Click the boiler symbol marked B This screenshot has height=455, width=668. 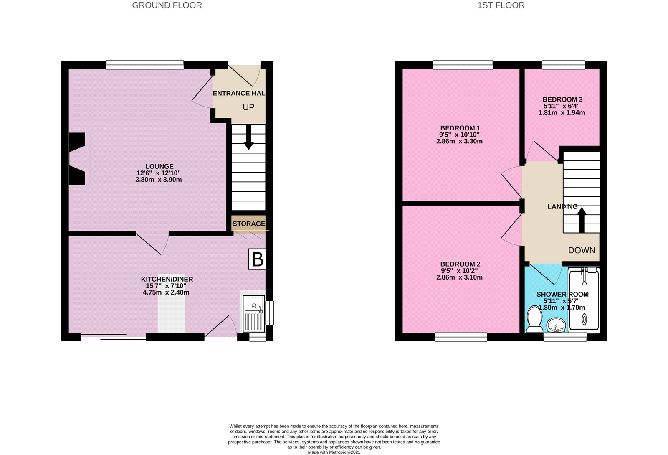tap(257, 259)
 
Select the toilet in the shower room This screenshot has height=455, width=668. tap(534, 320)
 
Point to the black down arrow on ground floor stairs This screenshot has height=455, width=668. tap(248, 137)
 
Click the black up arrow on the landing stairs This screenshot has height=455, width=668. tap(582, 220)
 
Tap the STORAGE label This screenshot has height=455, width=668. tap(249, 224)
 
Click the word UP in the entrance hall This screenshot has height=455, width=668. tap(248, 107)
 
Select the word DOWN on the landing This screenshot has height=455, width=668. tap(582, 250)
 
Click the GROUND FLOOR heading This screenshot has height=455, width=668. tap(167, 5)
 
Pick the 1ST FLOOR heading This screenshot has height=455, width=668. tap(501, 5)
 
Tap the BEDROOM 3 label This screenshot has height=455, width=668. tap(562, 99)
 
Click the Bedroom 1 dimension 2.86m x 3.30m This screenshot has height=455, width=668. tap(459, 141)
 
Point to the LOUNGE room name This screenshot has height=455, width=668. tap(159, 166)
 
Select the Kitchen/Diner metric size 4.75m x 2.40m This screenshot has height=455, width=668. tap(166, 292)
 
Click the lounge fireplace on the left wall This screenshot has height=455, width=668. tap(78, 159)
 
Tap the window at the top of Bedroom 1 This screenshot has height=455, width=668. tap(463, 65)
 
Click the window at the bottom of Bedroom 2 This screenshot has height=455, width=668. tap(461, 337)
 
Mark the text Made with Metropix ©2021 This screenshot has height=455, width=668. tap(334, 452)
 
